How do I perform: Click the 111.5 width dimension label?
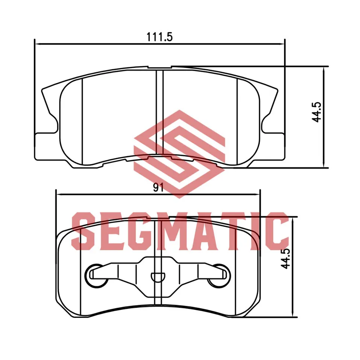tap(159, 37)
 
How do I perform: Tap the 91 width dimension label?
tap(158, 188)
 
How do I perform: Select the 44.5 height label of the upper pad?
tap(317, 112)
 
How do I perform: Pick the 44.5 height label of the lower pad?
tap(286, 258)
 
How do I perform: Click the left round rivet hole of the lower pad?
tap(96, 276)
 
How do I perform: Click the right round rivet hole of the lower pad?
tap(219, 276)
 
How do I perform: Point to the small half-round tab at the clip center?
tap(158, 277)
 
